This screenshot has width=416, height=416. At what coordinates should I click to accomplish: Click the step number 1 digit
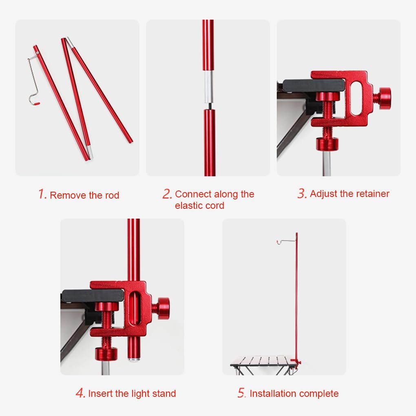pyautogui.click(x=42, y=194)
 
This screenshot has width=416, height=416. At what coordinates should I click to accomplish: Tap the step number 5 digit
pyautogui.click(x=241, y=393)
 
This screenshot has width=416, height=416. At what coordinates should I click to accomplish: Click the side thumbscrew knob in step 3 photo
pyautogui.click(x=385, y=98)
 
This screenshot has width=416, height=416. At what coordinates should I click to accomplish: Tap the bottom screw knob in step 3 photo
pyautogui.click(x=327, y=144)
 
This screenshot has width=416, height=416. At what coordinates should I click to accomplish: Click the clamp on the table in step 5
pyautogui.click(x=296, y=361)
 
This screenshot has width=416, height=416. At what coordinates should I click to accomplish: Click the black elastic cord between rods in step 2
pyautogui.click(x=210, y=106)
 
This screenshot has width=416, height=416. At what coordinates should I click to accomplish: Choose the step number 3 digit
pyautogui.click(x=302, y=193)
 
